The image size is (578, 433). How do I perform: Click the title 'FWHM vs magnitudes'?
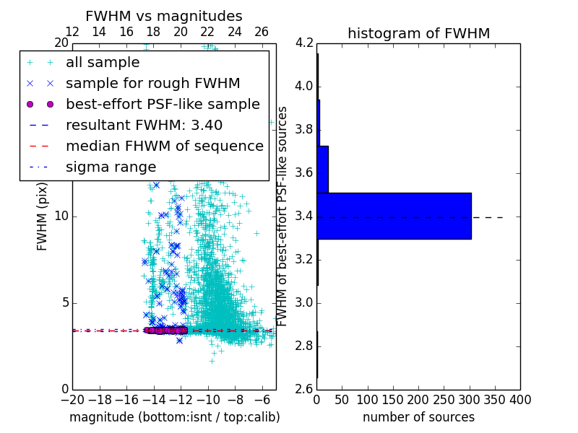[164, 16]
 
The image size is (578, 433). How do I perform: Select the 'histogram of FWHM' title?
[418, 33]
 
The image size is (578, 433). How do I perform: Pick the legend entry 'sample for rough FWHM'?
[152, 83]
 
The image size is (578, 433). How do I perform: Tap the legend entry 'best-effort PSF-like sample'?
[163, 104]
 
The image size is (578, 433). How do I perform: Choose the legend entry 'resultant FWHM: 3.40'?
[144, 125]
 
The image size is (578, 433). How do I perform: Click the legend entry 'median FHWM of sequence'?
[164, 146]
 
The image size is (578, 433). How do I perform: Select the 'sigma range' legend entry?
[111, 167]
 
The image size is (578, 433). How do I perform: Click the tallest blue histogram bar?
[394, 216]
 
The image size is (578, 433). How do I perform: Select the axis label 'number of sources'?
[418, 417]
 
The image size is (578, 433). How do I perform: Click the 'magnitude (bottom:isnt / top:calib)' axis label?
[174, 417]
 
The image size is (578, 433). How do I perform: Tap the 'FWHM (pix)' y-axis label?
[43, 216]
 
